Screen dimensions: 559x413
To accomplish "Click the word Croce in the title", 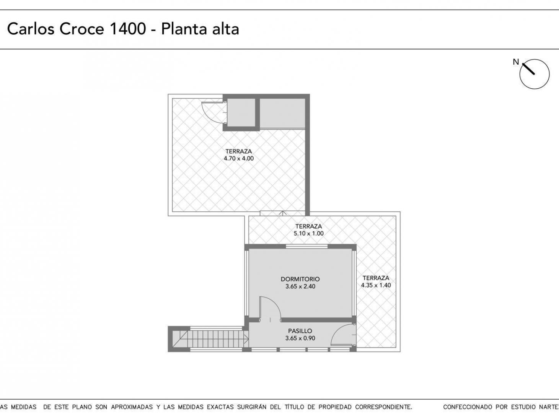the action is tap(81, 29).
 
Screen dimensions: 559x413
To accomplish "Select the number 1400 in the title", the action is tap(128, 29).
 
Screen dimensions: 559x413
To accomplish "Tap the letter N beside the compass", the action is tap(516, 62).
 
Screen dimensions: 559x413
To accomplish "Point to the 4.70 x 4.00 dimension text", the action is tap(239, 158).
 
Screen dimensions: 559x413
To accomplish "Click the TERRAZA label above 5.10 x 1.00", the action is tap(308, 226).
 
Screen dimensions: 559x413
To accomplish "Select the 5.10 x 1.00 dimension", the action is tap(308, 233).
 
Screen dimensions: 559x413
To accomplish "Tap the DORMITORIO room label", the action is tap(300, 279).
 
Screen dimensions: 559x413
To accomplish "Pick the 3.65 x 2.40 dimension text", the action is tap(300, 286).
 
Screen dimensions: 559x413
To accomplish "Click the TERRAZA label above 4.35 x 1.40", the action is tap(376, 278).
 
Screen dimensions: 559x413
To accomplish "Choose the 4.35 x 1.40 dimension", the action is tap(376, 285).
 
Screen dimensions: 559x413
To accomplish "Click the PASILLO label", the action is tap(300, 331).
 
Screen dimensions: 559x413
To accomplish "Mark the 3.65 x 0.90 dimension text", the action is tap(300, 338).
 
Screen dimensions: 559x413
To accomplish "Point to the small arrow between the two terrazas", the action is tap(283, 213).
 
